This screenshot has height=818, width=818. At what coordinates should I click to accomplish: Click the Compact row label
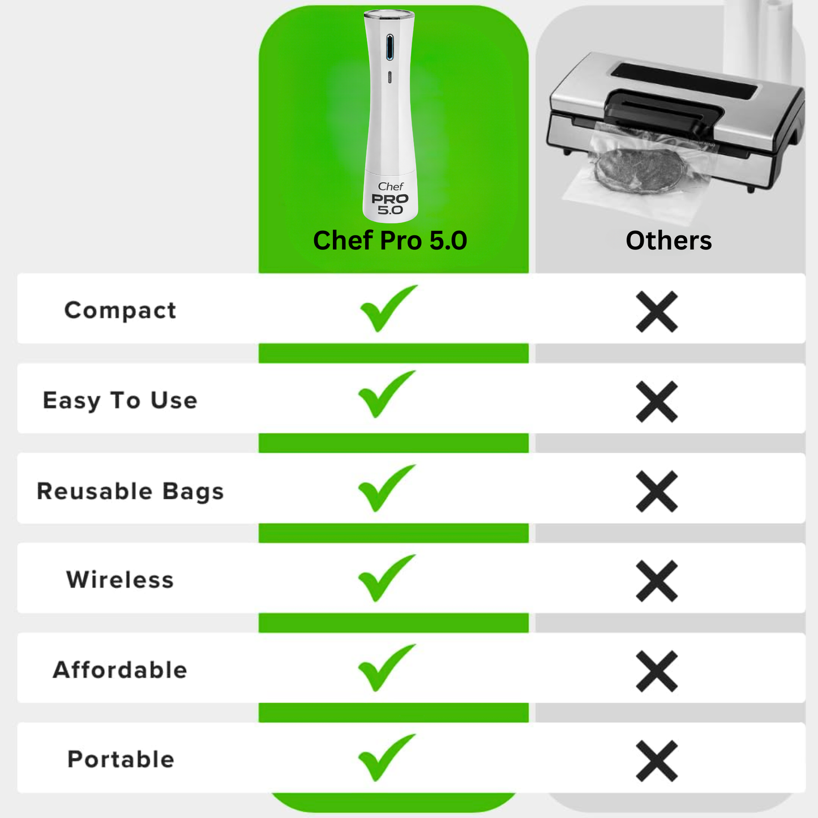point(120,310)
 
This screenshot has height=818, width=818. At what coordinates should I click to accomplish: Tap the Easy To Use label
point(120,400)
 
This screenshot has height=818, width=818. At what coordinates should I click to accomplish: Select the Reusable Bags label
point(130,491)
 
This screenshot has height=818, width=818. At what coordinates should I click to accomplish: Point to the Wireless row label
point(120,580)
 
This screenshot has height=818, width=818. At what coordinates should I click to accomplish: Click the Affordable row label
point(120,670)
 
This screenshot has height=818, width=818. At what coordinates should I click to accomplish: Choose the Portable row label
point(121,759)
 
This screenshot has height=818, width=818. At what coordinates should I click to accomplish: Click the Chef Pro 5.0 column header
point(390,241)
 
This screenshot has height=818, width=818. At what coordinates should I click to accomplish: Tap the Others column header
point(669,241)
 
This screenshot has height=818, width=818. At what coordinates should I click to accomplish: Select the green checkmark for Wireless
point(386,578)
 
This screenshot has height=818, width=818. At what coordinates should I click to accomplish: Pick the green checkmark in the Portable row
point(386,757)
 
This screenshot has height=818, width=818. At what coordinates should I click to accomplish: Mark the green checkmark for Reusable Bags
point(386,488)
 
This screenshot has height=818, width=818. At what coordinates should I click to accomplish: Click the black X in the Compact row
point(657,311)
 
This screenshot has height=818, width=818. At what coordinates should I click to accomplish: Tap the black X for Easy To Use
point(657,401)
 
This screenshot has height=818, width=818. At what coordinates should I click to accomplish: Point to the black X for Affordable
point(657,671)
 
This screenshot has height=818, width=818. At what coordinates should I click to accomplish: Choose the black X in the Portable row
point(657,761)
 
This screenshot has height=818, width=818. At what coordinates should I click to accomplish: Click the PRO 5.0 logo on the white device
point(390,204)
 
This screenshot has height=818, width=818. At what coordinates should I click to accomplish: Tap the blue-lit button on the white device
point(389,47)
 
